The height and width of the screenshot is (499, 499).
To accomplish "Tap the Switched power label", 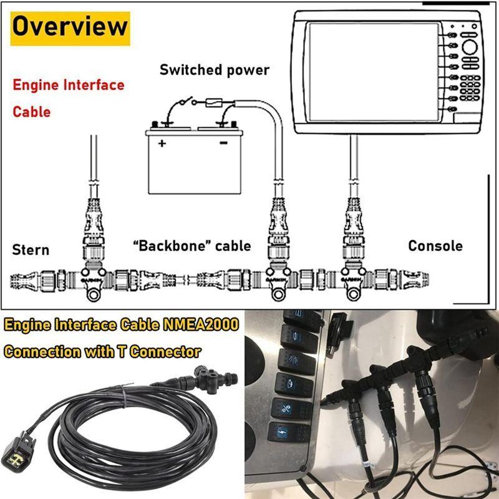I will pos(215,69).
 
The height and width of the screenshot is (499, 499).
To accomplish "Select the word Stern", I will pos(31,250).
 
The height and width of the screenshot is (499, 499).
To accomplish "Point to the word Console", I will pos(435,246).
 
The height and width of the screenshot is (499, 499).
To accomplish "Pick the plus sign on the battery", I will pos(162,143).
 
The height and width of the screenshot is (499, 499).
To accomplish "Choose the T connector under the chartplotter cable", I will pos(354,278).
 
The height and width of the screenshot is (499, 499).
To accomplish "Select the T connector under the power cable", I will pos(278,278).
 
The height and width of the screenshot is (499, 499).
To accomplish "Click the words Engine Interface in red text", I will pos(69,85).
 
